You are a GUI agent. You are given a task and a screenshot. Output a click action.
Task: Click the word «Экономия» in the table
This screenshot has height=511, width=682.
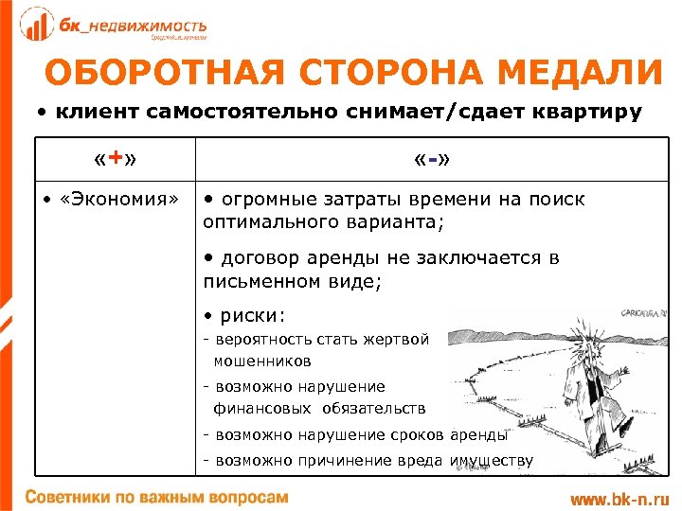(x=114, y=201)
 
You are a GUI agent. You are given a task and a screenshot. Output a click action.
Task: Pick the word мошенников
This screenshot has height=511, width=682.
(x=262, y=361)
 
